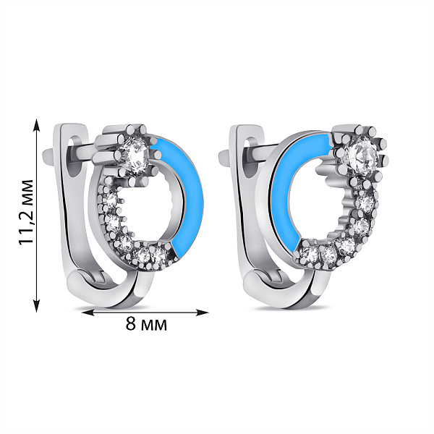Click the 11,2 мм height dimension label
[26, 212]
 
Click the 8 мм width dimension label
[146, 323]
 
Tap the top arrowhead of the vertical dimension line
[37, 126]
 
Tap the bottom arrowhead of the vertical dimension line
[37, 305]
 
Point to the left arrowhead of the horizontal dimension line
[89, 312]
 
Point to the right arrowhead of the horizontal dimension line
[201, 312]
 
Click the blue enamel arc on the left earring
[187, 194]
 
